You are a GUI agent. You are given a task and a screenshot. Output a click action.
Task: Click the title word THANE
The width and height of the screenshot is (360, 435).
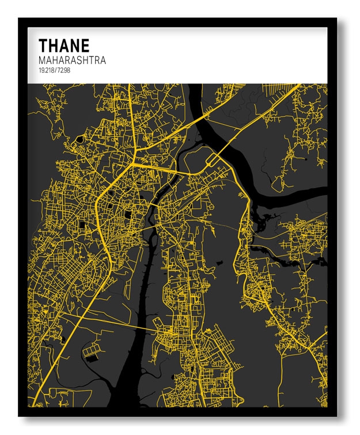(x=63, y=45)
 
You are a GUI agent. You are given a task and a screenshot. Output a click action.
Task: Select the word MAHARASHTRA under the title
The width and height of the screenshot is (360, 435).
(x=72, y=60)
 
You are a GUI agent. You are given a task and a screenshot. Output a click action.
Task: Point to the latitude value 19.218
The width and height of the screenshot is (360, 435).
(x=47, y=70)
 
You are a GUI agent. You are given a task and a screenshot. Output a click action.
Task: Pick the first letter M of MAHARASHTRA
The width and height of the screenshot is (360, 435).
(x=43, y=60)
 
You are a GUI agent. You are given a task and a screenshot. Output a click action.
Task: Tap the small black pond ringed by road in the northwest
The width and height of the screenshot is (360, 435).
(x=79, y=139)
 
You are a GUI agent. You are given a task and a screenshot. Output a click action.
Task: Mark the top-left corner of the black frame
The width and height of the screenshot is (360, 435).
(x=20, y=20)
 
